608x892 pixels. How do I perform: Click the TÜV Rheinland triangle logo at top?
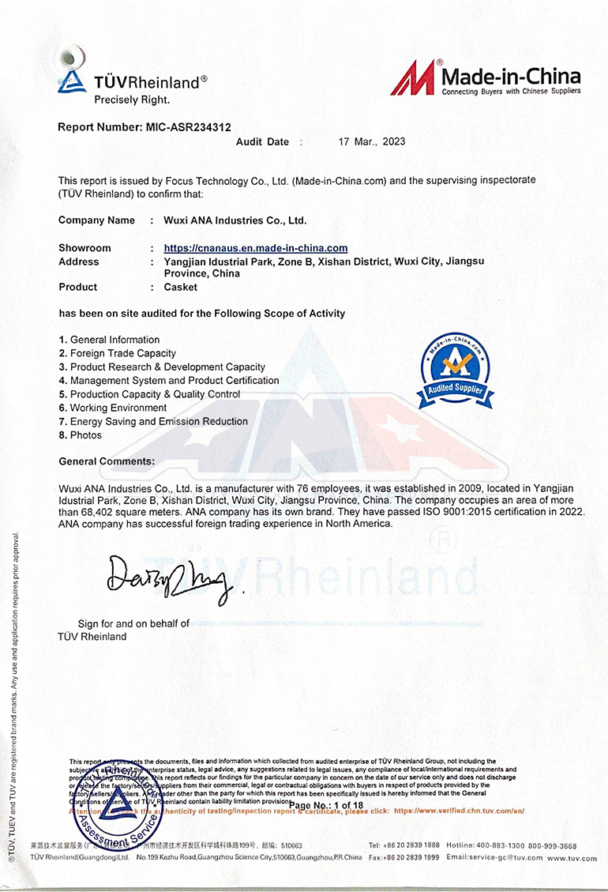(72, 79)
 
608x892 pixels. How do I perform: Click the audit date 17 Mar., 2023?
(371, 142)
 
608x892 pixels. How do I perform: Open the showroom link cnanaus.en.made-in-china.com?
(256, 248)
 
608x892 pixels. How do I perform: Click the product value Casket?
(181, 287)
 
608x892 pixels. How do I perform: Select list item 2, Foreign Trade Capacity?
(122, 353)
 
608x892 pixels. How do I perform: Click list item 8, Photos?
(85, 435)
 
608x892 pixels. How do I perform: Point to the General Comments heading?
(107, 461)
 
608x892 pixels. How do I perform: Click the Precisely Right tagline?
(132, 100)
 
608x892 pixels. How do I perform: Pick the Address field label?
(79, 262)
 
